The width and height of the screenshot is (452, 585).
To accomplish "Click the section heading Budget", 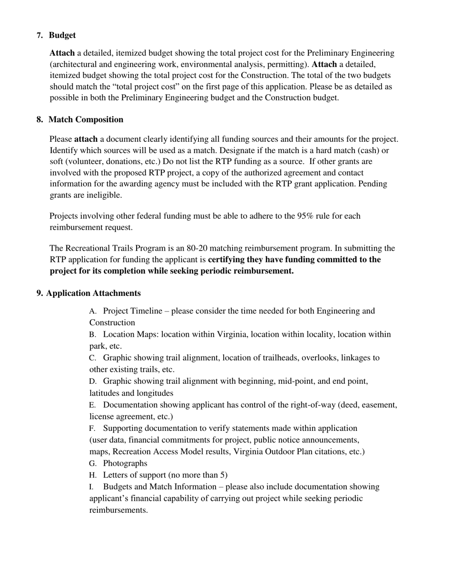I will click(x=62, y=36).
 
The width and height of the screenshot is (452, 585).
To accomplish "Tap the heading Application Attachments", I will click(x=93, y=293).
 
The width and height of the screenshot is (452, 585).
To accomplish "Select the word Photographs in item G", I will click(x=125, y=463).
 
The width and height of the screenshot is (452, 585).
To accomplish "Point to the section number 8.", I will click(x=39, y=120).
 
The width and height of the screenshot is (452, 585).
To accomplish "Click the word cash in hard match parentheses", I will click(x=364, y=151).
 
